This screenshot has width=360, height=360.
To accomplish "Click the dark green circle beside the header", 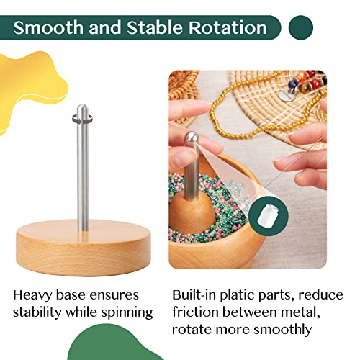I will pyautogui.click(x=300, y=28).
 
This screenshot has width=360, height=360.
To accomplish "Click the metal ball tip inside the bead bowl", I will pyautogui.click(x=191, y=137).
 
